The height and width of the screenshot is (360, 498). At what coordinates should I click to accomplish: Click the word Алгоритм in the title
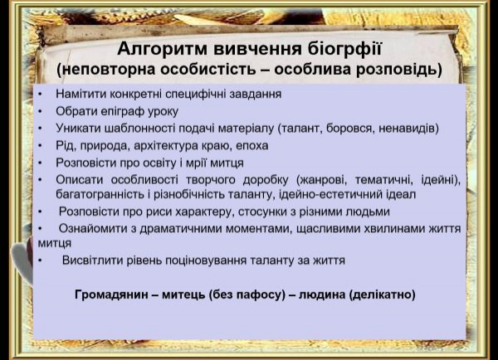(x=163, y=49)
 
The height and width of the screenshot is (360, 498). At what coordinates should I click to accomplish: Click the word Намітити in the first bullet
(x=81, y=94)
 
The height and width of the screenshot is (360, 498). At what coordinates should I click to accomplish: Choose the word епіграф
(x=124, y=112)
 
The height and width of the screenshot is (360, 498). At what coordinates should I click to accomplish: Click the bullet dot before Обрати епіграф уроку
(x=40, y=111)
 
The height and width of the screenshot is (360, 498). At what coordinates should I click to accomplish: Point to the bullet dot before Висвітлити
(x=40, y=260)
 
